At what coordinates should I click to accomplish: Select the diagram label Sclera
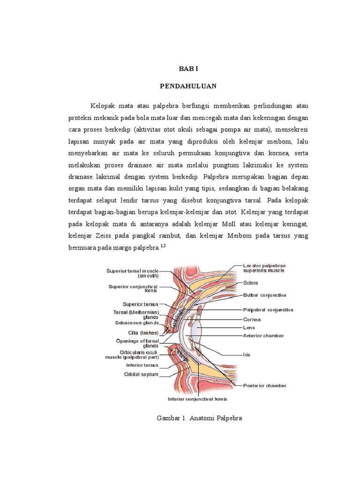[x=250, y=283]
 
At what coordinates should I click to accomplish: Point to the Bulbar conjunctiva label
[x=264, y=295]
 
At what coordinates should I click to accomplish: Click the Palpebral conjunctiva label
[x=268, y=309]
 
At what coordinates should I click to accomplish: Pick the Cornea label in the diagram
[x=252, y=319]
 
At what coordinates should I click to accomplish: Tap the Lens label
[x=249, y=327]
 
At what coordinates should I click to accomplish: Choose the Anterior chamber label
[x=263, y=336]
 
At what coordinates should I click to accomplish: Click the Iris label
[x=247, y=355]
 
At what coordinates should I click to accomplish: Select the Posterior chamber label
[x=264, y=386]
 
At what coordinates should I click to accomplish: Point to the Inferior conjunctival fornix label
[x=197, y=399]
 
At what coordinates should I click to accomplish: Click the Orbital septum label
[x=141, y=375]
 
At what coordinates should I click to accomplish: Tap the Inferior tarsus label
[x=142, y=365]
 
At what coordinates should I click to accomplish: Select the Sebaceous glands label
[x=137, y=322]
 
